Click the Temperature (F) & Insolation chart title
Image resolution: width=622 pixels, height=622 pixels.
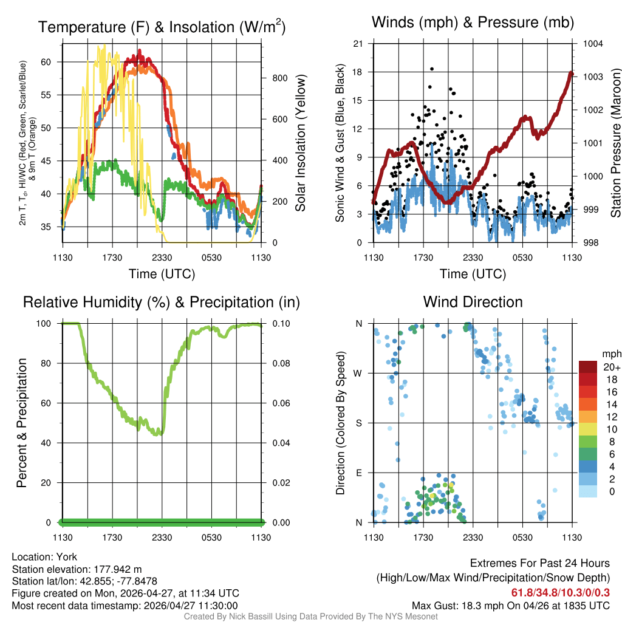[162, 27]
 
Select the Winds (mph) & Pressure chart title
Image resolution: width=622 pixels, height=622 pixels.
[473, 22]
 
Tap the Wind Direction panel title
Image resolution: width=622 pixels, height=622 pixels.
[473, 302]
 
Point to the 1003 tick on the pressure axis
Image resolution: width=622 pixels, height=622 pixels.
[592, 77]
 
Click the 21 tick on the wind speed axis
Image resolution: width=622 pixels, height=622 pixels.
[358, 44]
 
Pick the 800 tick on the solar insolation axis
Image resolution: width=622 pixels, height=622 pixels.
[279, 78]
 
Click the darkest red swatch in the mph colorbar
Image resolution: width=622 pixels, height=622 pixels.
[588, 367]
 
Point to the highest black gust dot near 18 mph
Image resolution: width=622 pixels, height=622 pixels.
[432, 69]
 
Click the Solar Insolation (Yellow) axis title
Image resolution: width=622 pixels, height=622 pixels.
[300, 143]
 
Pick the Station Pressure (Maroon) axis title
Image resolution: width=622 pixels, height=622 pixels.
[615, 143]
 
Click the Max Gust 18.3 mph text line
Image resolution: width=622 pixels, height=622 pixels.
[510, 605]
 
